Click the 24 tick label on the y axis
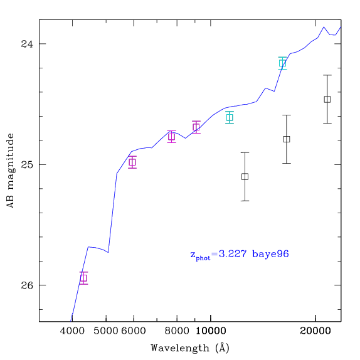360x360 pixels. tap(27, 44)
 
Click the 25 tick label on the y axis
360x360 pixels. tap(27, 164)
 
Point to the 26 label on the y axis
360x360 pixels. tap(27, 285)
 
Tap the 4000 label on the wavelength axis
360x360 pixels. tap(72, 331)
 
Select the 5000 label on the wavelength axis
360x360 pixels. tap(106, 331)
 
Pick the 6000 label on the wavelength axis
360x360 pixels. tap(134, 331)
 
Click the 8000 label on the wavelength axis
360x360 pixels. tap(177, 331)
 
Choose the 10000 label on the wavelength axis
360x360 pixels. tap(211, 331)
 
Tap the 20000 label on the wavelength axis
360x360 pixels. tap(315, 331)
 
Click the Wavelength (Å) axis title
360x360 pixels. tap(190, 347)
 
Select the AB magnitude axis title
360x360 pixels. tap(11, 171)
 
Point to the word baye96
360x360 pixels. tap(270, 255)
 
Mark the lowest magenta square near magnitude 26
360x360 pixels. tap(83, 278)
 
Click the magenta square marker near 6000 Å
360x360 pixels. tap(132, 162)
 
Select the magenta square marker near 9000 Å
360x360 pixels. tap(196, 127)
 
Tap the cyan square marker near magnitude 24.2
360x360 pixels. tap(282, 63)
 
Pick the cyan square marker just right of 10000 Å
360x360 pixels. tap(230, 117)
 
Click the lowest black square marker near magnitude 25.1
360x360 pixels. tap(245, 177)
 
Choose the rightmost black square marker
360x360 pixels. tap(327, 99)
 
